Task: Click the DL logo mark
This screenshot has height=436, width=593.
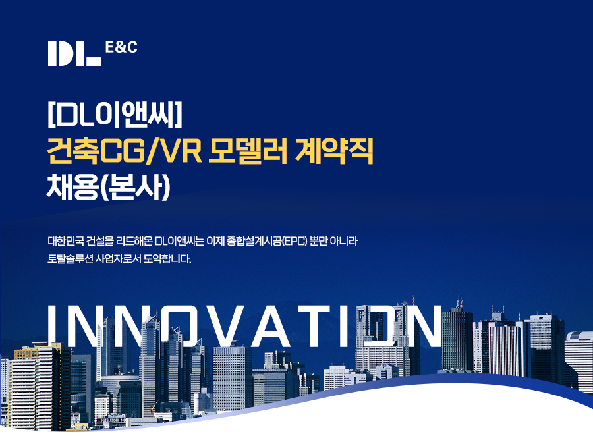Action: (x=74, y=53)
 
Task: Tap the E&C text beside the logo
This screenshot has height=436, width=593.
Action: (x=121, y=47)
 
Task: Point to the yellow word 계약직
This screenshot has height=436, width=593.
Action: (x=333, y=151)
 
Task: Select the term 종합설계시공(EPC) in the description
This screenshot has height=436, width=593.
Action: (x=266, y=241)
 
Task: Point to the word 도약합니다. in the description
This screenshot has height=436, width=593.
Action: (x=167, y=259)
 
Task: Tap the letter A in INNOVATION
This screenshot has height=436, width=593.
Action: (x=269, y=325)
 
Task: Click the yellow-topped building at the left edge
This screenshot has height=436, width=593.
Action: (x=36, y=386)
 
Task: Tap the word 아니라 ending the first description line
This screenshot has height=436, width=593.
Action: (x=343, y=241)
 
